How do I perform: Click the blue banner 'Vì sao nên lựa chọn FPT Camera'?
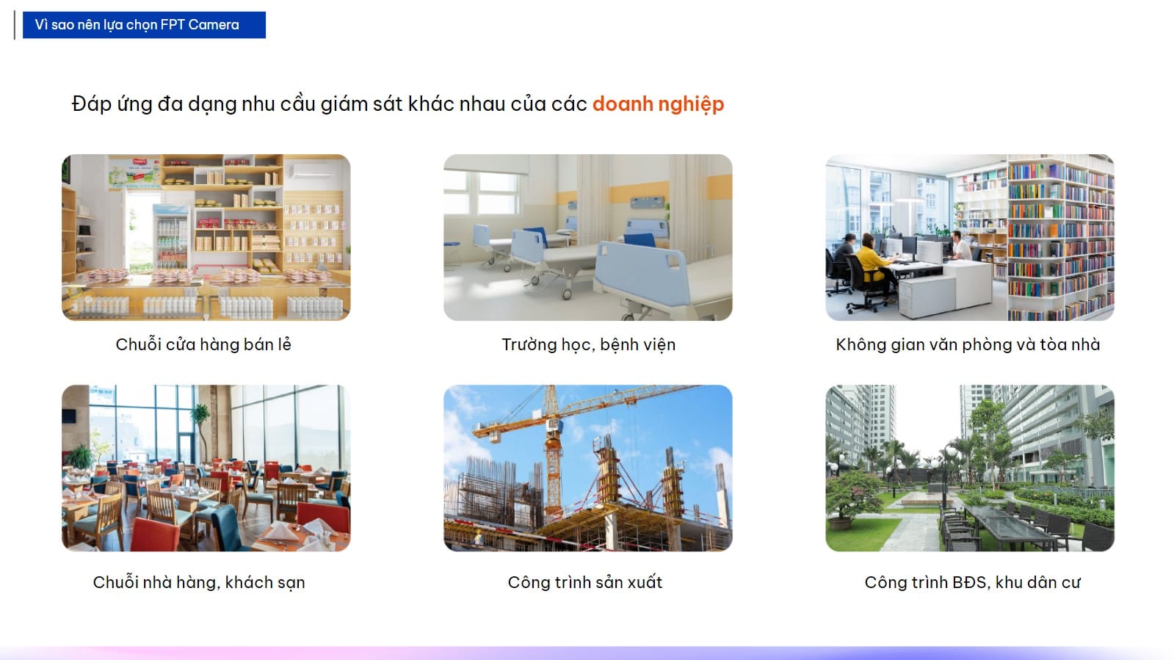click(144, 25)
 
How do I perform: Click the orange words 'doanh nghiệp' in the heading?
click(659, 104)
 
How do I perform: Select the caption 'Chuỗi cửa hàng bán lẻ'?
click(203, 344)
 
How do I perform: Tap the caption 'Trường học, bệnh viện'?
click(589, 345)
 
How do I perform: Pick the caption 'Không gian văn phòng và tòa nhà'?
click(968, 344)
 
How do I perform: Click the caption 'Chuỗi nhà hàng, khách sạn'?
click(199, 582)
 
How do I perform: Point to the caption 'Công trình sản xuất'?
click(585, 582)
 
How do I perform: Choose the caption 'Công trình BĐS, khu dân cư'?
click(973, 582)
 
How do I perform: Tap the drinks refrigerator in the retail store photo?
click(171, 236)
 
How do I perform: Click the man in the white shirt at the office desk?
click(960, 246)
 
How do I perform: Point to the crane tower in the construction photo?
click(552, 451)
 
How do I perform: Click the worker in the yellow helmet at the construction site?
click(479, 537)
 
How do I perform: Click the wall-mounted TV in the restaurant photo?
click(69, 416)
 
